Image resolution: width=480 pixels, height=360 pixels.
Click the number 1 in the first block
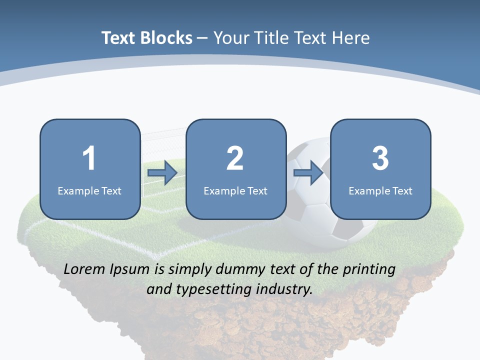(89, 158)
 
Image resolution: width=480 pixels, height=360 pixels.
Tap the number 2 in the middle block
(235, 158)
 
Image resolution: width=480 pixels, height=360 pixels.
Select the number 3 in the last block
(380, 158)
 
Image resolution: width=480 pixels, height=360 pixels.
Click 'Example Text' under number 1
(89, 190)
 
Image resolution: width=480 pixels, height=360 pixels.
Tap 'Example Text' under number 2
(235, 190)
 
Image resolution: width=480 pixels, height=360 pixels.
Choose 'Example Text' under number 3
(380, 190)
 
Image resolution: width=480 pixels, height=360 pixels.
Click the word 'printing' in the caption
(369, 269)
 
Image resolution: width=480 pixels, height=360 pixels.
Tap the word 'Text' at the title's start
(118, 38)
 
